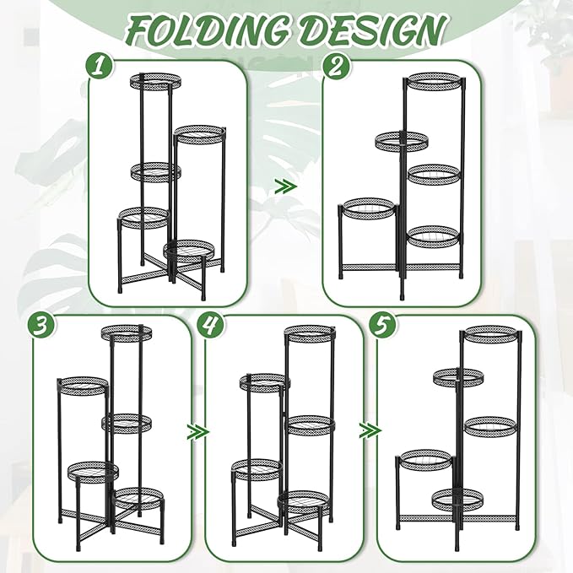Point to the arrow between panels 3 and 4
tap(197, 431)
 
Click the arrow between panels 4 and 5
tap(370, 431)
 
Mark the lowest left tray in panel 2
tap(368, 208)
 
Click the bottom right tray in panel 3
tap(139, 497)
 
